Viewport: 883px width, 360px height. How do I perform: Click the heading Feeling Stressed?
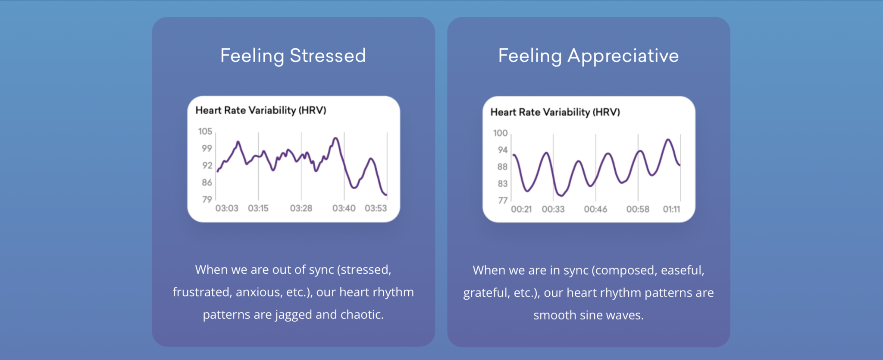(x=293, y=56)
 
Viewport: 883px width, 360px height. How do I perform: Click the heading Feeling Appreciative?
(x=588, y=56)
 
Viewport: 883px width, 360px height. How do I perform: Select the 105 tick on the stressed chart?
(x=205, y=131)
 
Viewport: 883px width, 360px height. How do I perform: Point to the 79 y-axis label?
(x=207, y=199)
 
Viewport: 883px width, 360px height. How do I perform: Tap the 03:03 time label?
(x=227, y=208)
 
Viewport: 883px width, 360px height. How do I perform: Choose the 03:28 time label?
(x=301, y=208)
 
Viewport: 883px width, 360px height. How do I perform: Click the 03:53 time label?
(x=376, y=208)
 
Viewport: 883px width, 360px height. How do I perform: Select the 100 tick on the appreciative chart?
(x=500, y=133)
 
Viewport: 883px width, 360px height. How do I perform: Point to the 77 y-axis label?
(x=503, y=200)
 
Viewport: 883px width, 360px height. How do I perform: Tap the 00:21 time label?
(x=521, y=209)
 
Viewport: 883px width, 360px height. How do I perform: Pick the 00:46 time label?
(x=595, y=209)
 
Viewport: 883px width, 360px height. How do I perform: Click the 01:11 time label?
(x=671, y=209)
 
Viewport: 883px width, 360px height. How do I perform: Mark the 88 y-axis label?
(x=502, y=167)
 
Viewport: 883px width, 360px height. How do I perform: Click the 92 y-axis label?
(x=207, y=166)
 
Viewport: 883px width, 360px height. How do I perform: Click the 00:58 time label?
(x=638, y=209)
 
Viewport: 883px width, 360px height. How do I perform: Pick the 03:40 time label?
(x=344, y=208)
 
